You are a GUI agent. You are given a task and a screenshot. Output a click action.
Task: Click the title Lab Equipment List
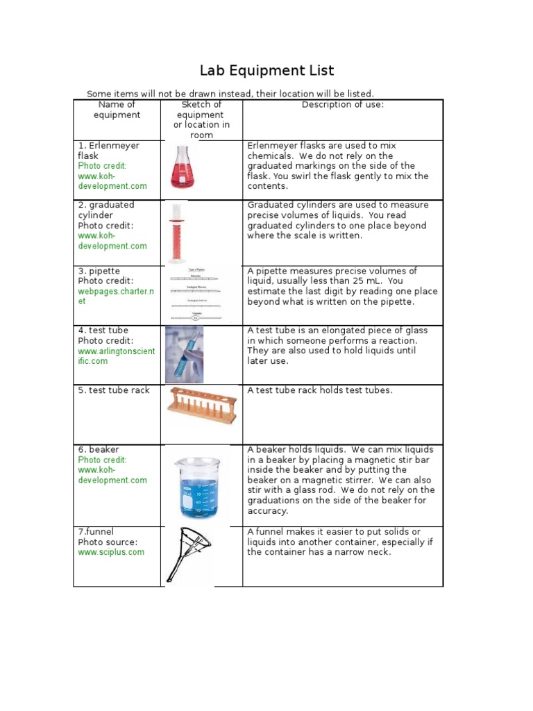click(x=267, y=70)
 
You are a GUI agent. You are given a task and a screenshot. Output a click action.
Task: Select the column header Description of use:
click(x=343, y=105)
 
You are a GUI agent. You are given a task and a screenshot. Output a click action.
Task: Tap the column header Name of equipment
click(x=117, y=110)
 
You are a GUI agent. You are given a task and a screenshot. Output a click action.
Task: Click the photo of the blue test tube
click(x=184, y=354)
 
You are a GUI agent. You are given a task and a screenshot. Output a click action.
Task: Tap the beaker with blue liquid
click(x=196, y=485)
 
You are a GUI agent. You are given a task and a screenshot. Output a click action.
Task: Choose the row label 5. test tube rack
click(x=114, y=390)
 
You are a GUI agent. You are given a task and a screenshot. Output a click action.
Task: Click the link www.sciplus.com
click(x=111, y=552)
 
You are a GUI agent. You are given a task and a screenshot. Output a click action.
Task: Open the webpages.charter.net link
click(x=114, y=296)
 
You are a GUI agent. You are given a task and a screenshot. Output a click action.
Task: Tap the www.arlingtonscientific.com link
click(x=116, y=356)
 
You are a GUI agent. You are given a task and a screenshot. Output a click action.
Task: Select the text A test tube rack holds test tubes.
click(x=320, y=390)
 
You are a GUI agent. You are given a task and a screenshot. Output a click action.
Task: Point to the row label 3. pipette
click(x=99, y=271)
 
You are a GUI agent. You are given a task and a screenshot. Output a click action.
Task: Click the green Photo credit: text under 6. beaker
click(x=102, y=460)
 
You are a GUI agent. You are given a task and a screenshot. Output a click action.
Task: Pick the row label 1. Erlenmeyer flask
click(x=108, y=151)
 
